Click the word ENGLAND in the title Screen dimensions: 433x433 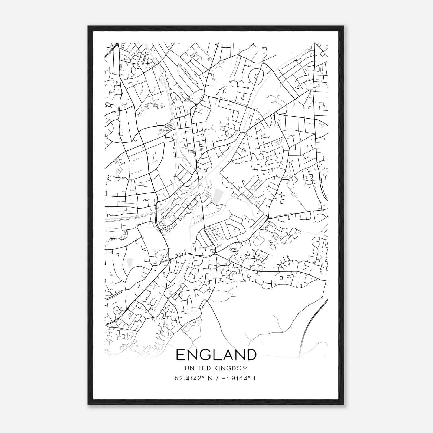pos(216,355)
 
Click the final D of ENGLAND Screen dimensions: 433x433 pos(251,355)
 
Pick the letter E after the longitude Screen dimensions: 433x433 pos(256,378)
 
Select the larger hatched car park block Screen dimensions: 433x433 pos(169,127)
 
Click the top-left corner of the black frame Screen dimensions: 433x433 pos(88,26)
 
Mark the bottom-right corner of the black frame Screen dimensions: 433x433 pos(344,404)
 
